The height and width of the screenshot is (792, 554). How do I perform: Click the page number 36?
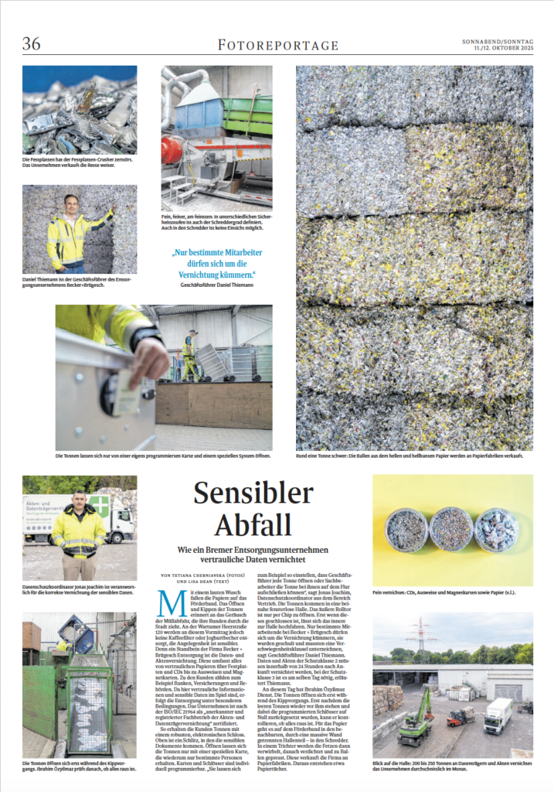click(x=32, y=43)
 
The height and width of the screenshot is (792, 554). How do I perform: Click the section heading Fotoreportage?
click(x=277, y=45)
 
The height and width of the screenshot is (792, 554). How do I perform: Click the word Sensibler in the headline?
click(x=253, y=493)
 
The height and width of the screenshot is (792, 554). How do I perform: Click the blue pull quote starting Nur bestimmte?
click(x=223, y=263)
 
